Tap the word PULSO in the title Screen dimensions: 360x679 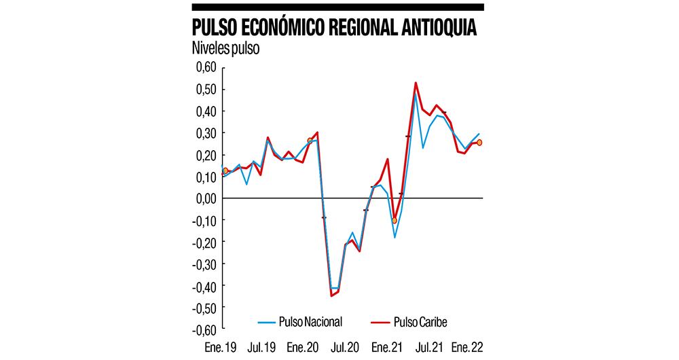215,28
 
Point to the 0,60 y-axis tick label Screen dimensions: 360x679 205,67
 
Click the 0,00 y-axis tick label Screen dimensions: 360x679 205,198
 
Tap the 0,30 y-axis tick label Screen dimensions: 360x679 205,133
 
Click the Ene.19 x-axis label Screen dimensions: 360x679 221,348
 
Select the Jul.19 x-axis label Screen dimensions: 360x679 263,348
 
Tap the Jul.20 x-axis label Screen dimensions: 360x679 345,348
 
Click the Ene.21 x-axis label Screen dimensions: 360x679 386,348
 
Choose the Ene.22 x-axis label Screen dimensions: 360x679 469,348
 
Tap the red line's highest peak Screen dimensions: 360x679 416,83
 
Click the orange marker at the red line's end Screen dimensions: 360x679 479,143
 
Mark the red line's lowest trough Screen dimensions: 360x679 332,295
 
